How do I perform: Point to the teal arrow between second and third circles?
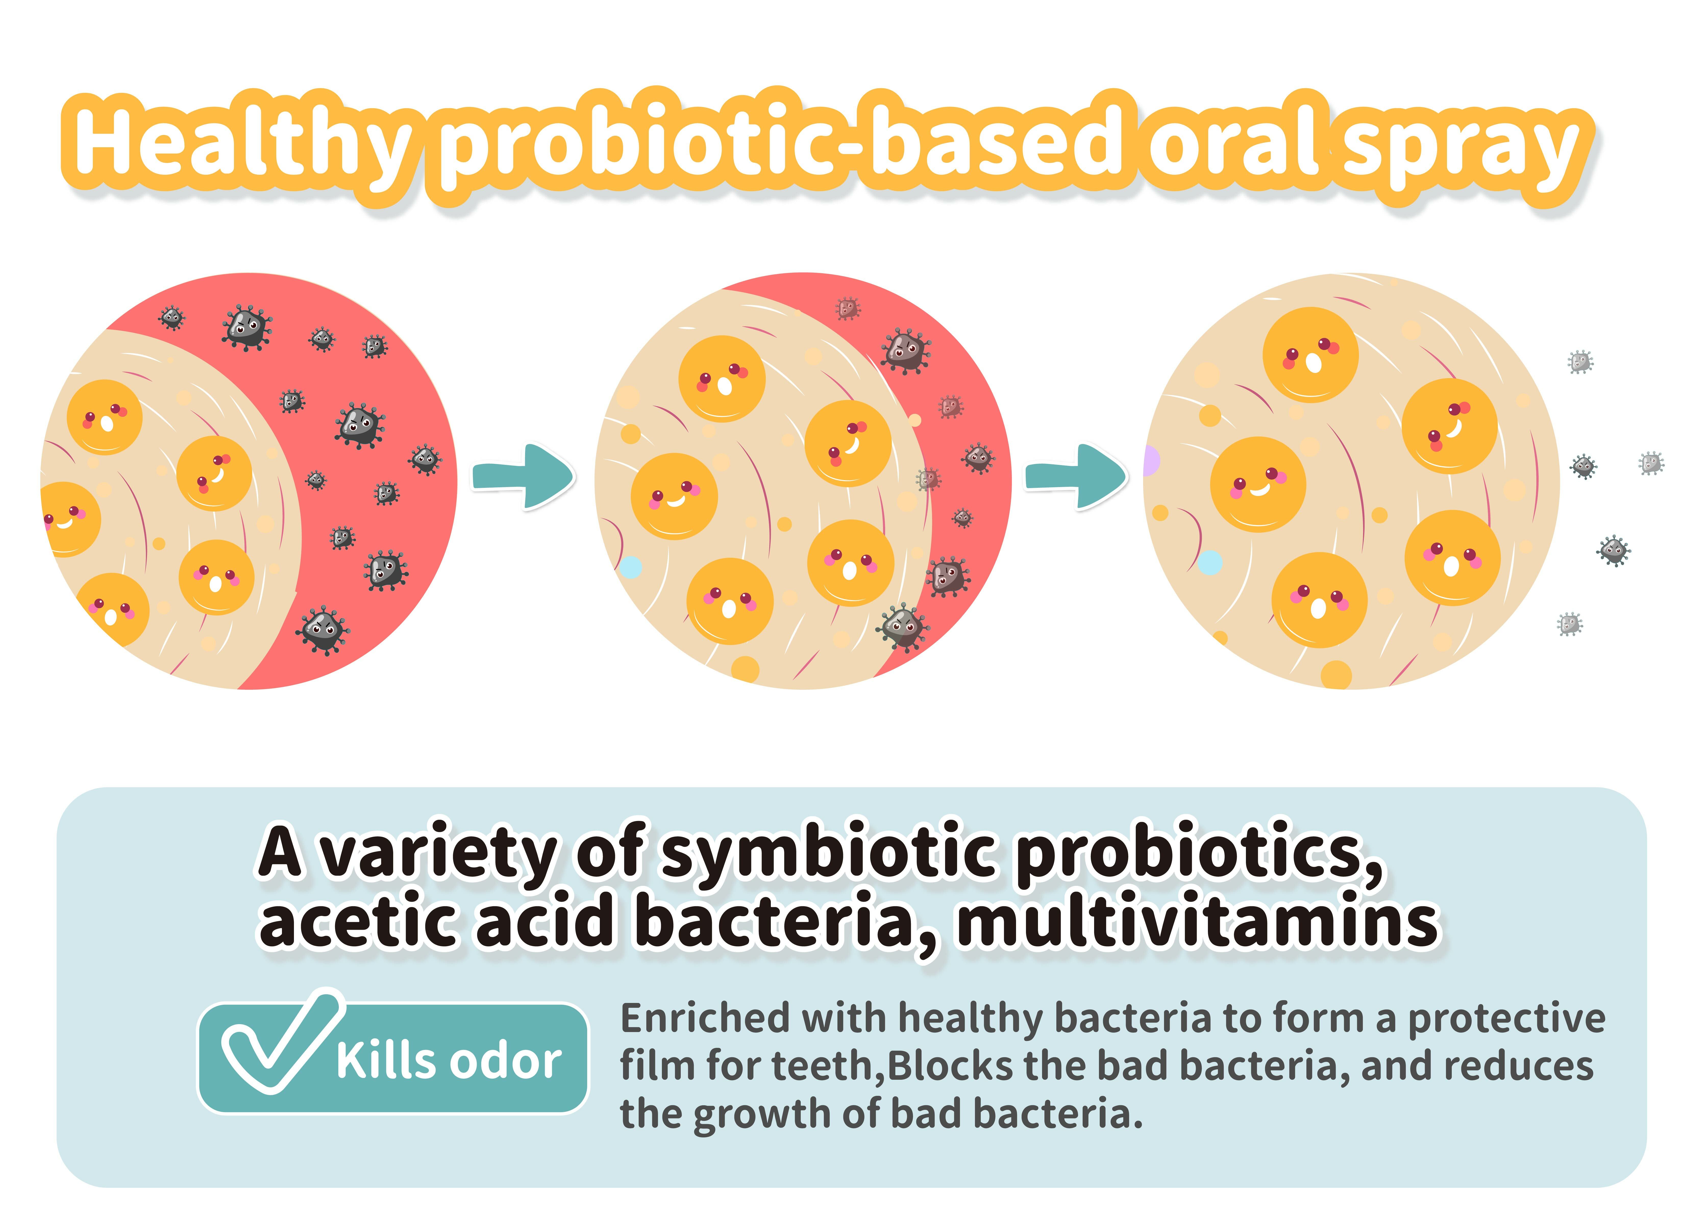click(x=1076, y=476)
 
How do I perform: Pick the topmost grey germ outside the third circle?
click(x=1580, y=362)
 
